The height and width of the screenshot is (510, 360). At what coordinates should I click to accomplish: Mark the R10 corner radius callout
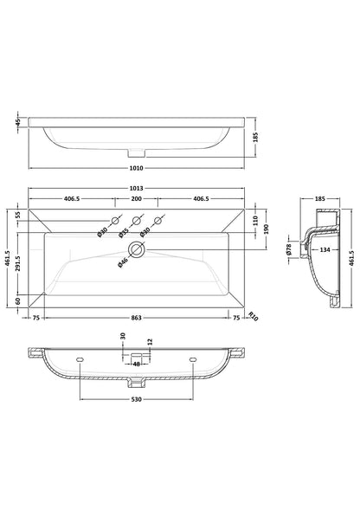point(254,316)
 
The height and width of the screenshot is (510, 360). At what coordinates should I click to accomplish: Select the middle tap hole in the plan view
point(136,220)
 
